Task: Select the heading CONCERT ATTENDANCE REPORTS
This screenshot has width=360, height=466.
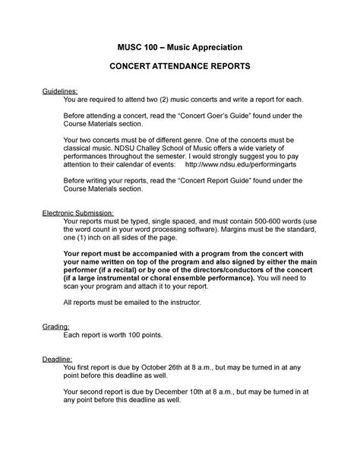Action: point(180,68)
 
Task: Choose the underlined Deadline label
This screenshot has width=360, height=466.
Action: point(58,357)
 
